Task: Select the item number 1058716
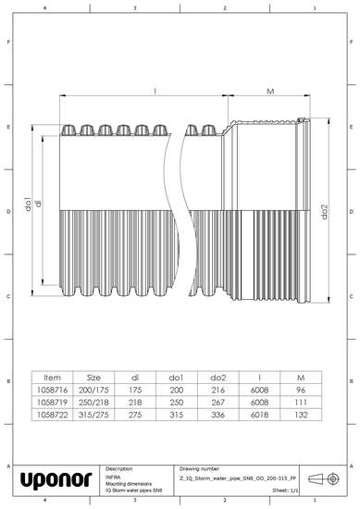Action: click(x=52, y=391)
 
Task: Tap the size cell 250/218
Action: click(x=93, y=404)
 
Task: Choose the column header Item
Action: click(x=52, y=378)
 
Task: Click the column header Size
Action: click(x=93, y=378)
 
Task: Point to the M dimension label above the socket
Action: click(x=268, y=92)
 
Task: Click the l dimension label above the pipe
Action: click(x=155, y=91)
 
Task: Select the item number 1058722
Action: click(x=52, y=417)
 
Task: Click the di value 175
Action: click(x=135, y=391)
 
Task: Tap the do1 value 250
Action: click(x=178, y=404)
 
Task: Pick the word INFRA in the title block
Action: click(x=115, y=478)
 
